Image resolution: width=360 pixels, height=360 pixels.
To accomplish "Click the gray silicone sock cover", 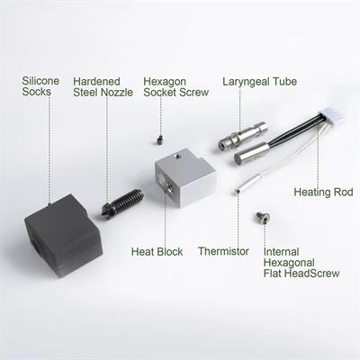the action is tap(63, 236).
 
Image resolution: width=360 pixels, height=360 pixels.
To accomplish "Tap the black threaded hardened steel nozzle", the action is tap(122, 203).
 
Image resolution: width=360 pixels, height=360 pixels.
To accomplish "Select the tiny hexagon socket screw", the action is tap(160, 140).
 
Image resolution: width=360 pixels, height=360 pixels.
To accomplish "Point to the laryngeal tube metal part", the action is tap(243, 136).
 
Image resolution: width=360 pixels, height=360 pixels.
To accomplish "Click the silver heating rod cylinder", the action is tap(252, 154).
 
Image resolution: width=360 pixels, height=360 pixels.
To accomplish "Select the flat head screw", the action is tap(263, 218).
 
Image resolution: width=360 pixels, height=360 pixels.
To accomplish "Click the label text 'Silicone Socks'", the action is tap(40, 86).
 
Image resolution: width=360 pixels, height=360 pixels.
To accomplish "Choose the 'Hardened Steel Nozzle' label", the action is tap(103, 86).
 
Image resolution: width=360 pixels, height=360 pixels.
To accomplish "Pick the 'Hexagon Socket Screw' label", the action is tap(176, 86).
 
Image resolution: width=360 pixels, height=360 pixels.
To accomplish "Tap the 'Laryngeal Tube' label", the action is tap(260, 82).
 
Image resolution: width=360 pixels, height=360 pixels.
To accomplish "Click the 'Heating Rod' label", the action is tap(323, 192).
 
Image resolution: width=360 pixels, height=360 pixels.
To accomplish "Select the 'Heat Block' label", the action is tap(157, 252).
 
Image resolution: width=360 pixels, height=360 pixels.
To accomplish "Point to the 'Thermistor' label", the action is tap(223, 251).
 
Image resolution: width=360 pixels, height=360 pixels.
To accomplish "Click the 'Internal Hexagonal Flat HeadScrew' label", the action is tap(301, 263).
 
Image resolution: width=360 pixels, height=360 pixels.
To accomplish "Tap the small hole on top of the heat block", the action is tap(177, 157).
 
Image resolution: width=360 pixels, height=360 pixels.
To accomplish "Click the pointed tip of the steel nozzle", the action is tap(103, 213).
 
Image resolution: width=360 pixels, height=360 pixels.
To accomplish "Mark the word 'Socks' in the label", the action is tap(36, 92).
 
